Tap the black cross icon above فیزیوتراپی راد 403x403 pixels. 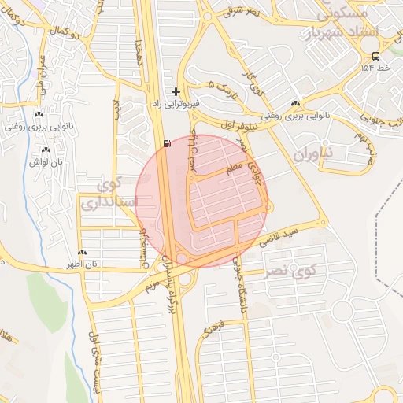pyautogui.click(x=176, y=92)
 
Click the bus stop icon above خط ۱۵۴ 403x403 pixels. pyautogui.click(x=376, y=56)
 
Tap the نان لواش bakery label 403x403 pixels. pyautogui.click(x=46, y=161)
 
